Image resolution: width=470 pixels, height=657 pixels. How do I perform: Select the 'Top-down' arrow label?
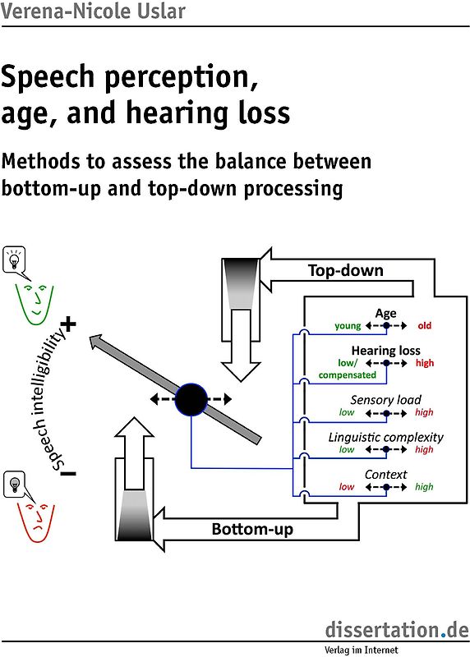tap(345, 270)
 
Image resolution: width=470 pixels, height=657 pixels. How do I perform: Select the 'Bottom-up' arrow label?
tap(252, 529)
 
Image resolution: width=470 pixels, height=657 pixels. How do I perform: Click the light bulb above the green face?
tap(14, 260)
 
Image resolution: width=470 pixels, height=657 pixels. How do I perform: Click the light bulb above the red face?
tap(15, 484)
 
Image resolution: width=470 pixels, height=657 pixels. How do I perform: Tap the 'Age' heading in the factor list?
tap(385, 313)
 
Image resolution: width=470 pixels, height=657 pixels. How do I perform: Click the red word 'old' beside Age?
tap(424, 326)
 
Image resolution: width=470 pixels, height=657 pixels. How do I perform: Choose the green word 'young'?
tap(348, 326)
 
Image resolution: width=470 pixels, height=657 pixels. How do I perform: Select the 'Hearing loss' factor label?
tap(385, 351)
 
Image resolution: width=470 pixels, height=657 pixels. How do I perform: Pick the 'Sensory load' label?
tap(385, 400)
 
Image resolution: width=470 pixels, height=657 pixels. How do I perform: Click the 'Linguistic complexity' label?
tap(385, 437)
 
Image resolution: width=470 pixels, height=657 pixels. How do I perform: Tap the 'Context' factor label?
tap(385, 474)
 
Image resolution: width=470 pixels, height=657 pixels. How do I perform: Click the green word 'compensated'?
tap(347, 375)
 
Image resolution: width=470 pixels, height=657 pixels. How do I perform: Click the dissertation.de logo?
tap(396, 631)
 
